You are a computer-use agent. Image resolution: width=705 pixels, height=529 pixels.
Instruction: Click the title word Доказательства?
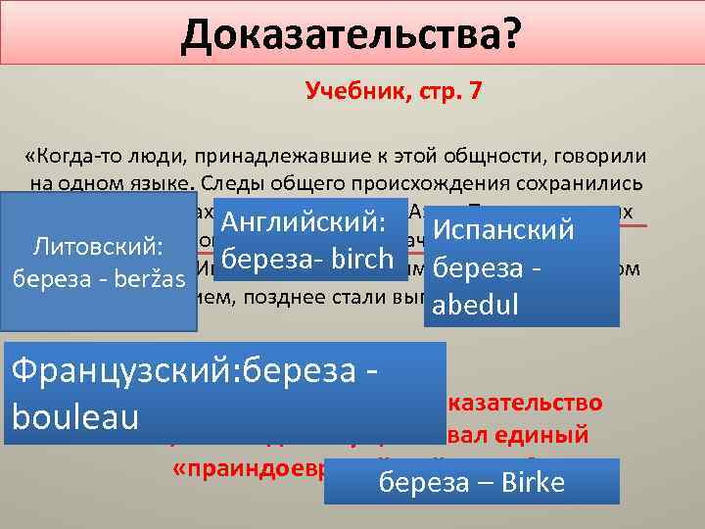pyautogui.click(x=351, y=37)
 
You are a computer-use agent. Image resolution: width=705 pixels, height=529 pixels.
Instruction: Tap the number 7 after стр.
pyautogui.click(x=475, y=92)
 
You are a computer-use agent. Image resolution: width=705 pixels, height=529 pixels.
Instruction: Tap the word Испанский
pyautogui.click(x=502, y=231)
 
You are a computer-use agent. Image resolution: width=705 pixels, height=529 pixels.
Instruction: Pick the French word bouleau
pyautogui.click(x=73, y=416)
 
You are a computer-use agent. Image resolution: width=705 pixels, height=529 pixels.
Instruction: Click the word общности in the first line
pyautogui.click(x=489, y=156)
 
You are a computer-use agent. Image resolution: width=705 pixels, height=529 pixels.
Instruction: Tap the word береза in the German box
pyautogui.click(x=412, y=484)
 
